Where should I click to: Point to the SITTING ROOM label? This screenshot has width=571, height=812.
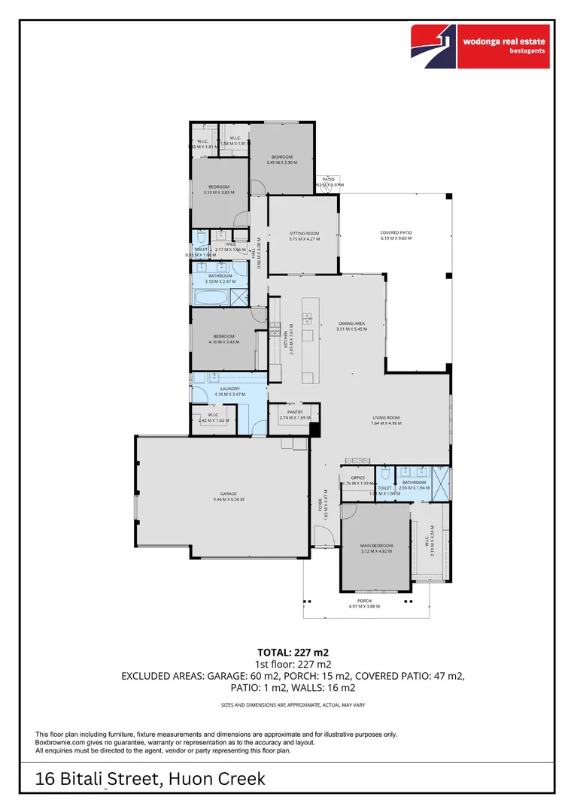click(x=304, y=233)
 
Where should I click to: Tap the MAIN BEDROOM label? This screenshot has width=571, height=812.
click(x=375, y=546)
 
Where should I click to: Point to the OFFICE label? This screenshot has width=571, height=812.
click(x=358, y=477)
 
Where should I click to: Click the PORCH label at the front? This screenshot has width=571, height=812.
click(x=365, y=600)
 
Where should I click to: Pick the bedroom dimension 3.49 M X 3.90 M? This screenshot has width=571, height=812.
click(x=281, y=162)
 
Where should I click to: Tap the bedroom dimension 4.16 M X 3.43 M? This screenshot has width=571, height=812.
click(x=223, y=342)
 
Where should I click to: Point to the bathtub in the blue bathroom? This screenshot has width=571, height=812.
click(x=211, y=297)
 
